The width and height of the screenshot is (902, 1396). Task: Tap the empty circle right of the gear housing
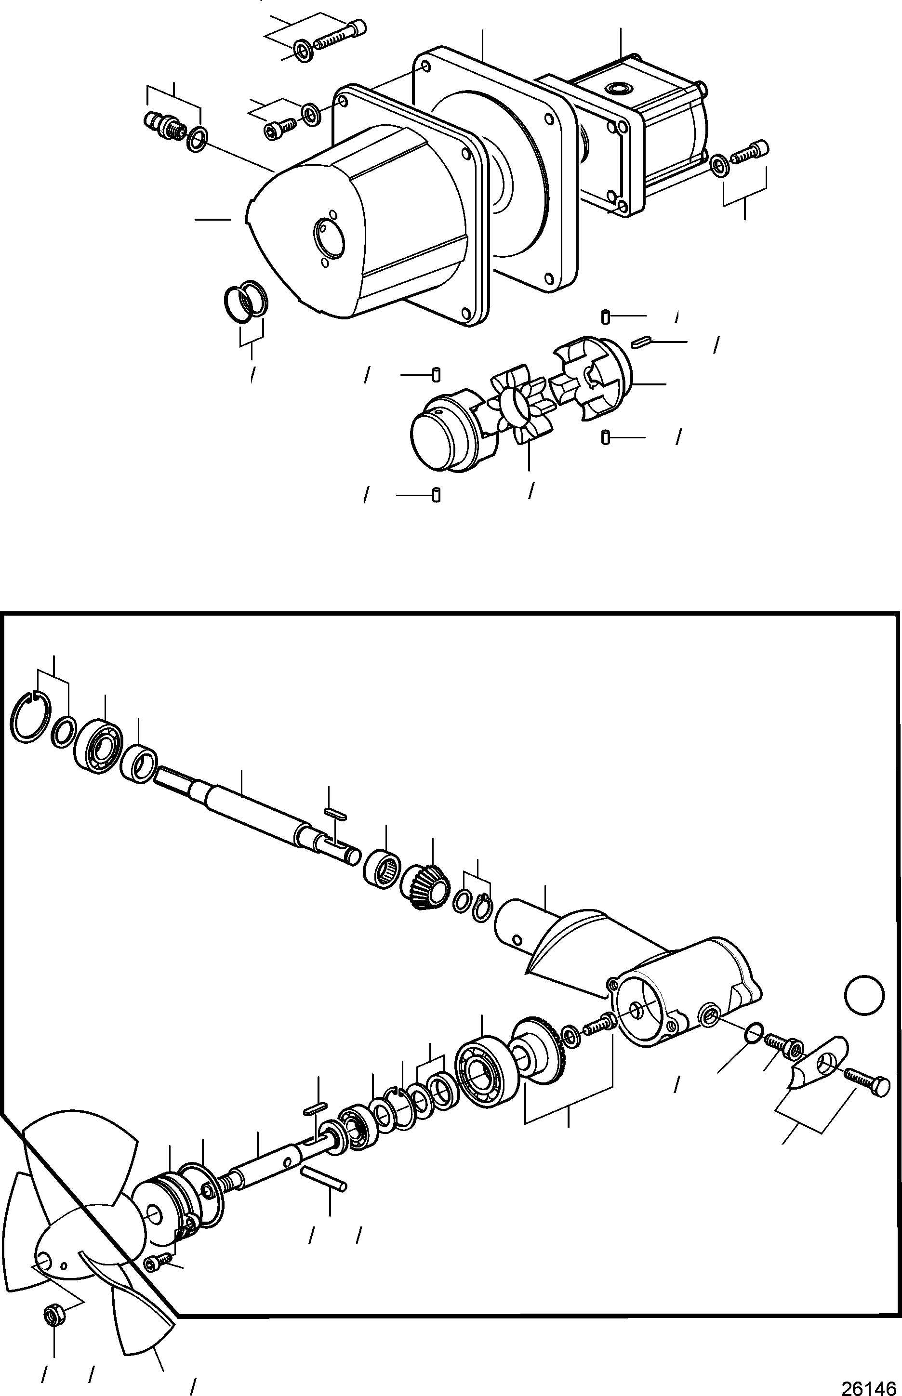click(864, 994)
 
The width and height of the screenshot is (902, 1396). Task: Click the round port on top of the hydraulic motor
click(619, 89)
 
